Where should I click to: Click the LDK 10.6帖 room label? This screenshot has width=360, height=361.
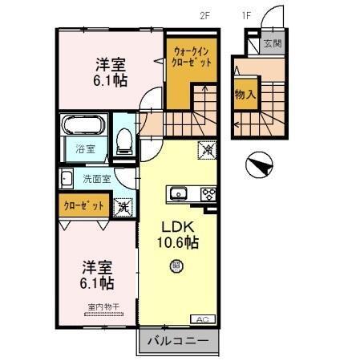pyautogui.click(x=176, y=233)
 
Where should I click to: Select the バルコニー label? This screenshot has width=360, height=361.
pyautogui.click(x=178, y=341)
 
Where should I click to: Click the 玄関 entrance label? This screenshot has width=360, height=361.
pyautogui.click(x=273, y=44)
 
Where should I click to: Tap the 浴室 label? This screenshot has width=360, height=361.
pyautogui.click(x=86, y=148)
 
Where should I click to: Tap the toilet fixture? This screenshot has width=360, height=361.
pyautogui.click(x=124, y=141)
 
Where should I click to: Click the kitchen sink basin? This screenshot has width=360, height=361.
pyautogui.click(x=177, y=193)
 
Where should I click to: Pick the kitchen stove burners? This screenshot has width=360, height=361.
pyautogui.click(x=208, y=193)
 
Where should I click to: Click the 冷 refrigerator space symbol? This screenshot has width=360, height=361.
pyautogui.click(x=206, y=149)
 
